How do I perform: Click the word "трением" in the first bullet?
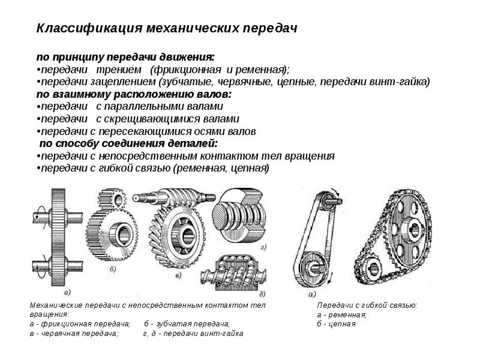click(x=119, y=70)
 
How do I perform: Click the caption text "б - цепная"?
click(x=337, y=324)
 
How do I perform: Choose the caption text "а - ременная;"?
click(x=342, y=314)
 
